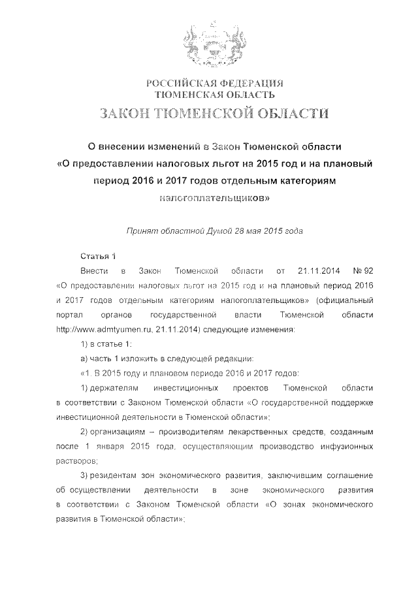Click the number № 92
coord(363,270)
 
